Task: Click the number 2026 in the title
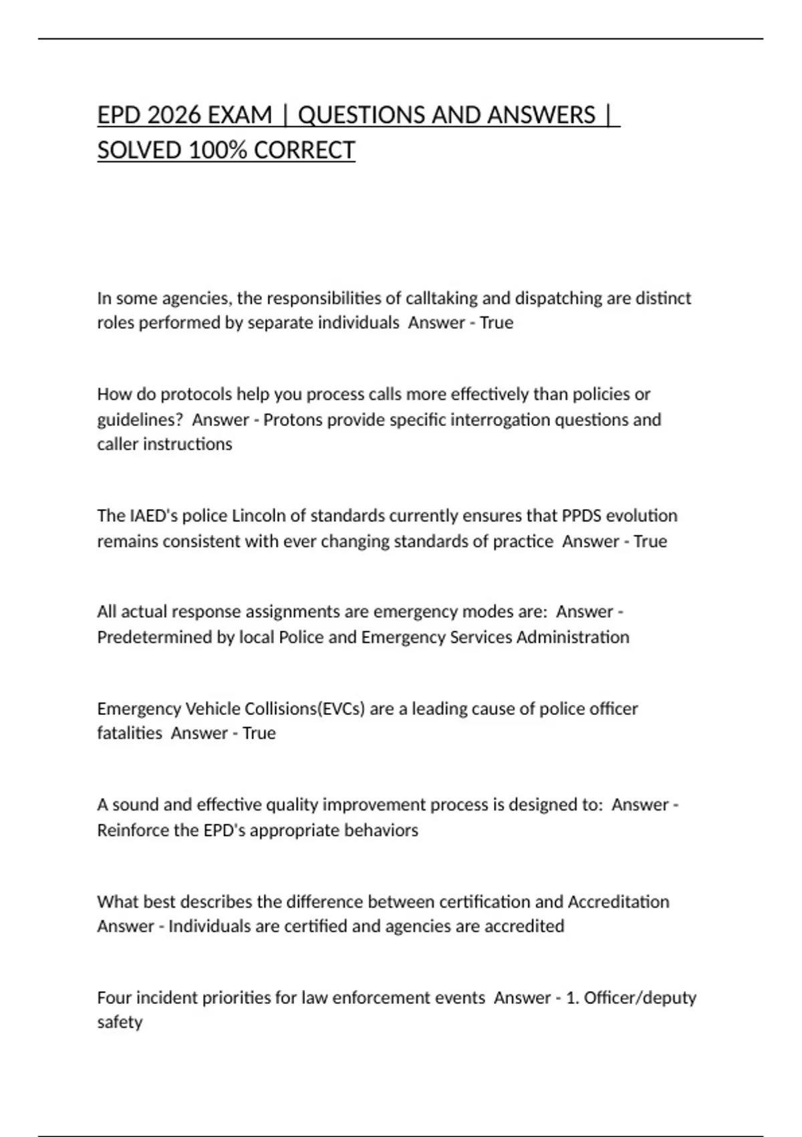click(x=174, y=115)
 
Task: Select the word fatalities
click(x=130, y=734)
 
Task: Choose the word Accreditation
click(x=618, y=902)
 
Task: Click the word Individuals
click(x=209, y=927)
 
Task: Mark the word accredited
click(x=524, y=927)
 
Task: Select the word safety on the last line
click(x=120, y=1023)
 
